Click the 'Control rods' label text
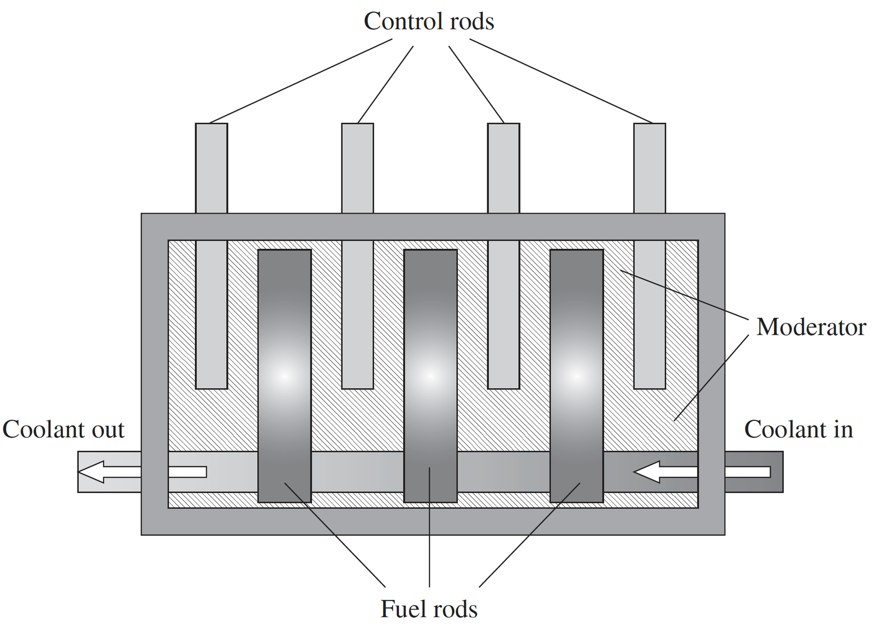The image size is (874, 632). click(x=429, y=21)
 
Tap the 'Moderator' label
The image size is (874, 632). click(x=811, y=327)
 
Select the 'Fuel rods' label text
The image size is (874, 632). click(x=429, y=609)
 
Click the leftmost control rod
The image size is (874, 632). click(x=211, y=256)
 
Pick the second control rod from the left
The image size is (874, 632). click(x=357, y=256)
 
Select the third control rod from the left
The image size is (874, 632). click(x=504, y=256)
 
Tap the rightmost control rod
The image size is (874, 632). click(x=649, y=256)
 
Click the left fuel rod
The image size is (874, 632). click(x=285, y=376)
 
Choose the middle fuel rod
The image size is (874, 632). click(x=430, y=376)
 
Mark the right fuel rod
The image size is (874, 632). click(x=577, y=376)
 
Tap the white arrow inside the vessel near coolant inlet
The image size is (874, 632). click(x=666, y=472)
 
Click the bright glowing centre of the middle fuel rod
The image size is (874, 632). click(x=430, y=376)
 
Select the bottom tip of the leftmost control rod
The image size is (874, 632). click(x=211, y=389)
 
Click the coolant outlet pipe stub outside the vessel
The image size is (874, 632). click(x=109, y=472)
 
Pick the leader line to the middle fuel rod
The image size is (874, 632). click(x=429, y=527)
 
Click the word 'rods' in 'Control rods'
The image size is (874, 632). click(x=472, y=21)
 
